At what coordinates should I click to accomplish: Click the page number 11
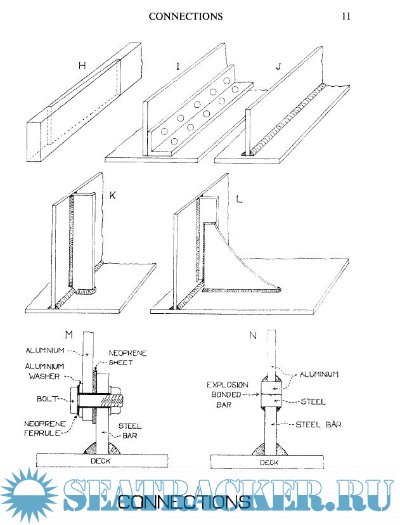346,16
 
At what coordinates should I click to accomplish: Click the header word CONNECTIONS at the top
186,16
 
